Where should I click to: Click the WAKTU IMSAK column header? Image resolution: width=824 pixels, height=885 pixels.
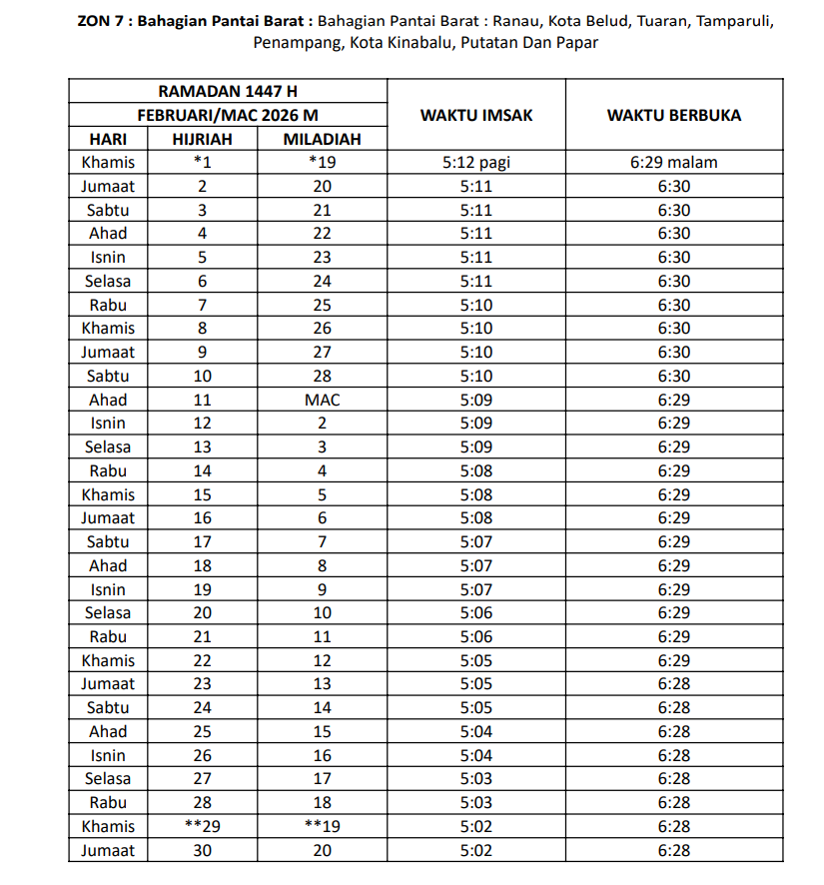tap(476, 115)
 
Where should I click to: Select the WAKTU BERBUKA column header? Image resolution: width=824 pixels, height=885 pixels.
tap(674, 115)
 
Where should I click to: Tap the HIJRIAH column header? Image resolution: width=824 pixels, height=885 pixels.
tap(202, 139)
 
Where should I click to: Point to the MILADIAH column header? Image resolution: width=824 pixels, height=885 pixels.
tap(322, 139)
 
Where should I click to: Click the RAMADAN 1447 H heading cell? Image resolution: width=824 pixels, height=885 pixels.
tap(228, 91)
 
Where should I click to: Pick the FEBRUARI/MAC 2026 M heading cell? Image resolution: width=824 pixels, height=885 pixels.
tap(228, 115)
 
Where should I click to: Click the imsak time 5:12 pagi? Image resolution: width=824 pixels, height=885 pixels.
tap(476, 162)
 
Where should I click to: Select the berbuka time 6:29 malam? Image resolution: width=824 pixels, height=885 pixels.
tap(674, 162)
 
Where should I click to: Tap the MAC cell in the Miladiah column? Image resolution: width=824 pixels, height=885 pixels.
tap(322, 400)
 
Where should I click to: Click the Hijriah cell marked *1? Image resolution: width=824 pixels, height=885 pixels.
tap(202, 162)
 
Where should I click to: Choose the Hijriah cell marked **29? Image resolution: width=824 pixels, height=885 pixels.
tap(202, 826)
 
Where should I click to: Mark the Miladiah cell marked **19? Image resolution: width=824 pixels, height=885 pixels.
tap(322, 826)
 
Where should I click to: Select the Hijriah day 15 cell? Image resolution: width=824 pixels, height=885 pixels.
tap(202, 494)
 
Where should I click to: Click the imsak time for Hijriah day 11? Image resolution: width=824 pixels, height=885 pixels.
tap(476, 400)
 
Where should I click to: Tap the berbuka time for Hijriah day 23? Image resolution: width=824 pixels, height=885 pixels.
tap(674, 684)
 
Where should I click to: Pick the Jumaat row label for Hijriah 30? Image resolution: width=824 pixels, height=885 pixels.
tap(108, 850)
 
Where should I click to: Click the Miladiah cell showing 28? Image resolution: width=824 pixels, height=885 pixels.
tap(322, 376)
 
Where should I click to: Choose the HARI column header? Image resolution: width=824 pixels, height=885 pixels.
tap(108, 139)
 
